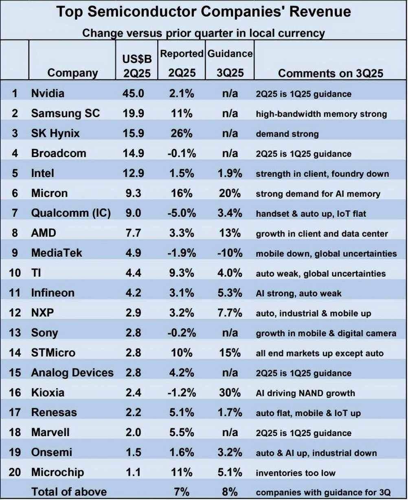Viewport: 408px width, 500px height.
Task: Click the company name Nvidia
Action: pyautogui.click(x=48, y=93)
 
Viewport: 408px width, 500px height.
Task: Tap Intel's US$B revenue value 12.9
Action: pyautogui.click(x=133, y=173)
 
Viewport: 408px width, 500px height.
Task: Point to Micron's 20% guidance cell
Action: pyautogui.click(x=230, y=193)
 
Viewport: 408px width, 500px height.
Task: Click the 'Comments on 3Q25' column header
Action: pyautogui.click(x=330, y=73)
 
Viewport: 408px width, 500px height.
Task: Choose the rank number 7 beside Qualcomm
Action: pyautogui.click(x=15, y=213)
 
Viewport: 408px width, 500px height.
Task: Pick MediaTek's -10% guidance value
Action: pyautogui.click(x=230, y=253)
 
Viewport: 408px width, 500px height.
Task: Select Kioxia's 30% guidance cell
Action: pyautogui.click(x=230, y=393)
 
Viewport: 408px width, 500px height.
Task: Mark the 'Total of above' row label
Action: pyautogui.click(x=69, y=491)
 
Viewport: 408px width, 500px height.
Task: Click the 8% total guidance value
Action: pyautogui.click(x=230, y=491)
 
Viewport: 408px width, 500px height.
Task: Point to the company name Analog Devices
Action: pyautogui.click(x=72, y=373)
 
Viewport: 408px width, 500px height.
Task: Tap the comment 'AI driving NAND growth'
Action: pyautogui.click(x=305, y=393)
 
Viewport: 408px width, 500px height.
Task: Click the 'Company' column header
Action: pyautogui.click(x=72, y=73)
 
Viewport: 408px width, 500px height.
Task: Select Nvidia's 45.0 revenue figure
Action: pyautogui.click(x=133, y=93)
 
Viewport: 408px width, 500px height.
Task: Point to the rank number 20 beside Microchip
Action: pyautogui.click(x=15, y=472)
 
